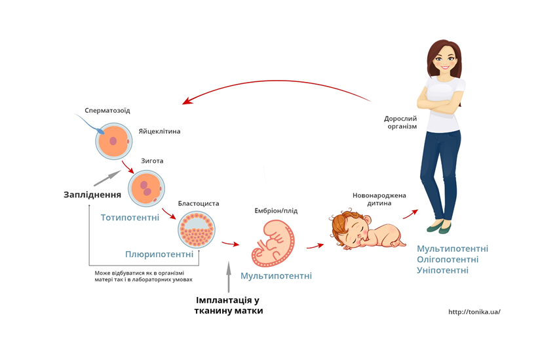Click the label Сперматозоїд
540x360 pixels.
pyautogui.click(x=107, y=110)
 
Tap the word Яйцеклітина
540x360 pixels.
pyautogui.click(x=159, y=131)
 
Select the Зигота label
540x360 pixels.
pyautogui.click(x=152, y=161)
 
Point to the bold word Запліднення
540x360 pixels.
pyautogui.click(x=92, y=194)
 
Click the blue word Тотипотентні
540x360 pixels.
pyautogui.click(x=130, y=217)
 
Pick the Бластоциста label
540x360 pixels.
pyautogui.click(x=198, y=204)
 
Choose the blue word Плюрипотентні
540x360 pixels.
pyautogui.click(x=159, y=254)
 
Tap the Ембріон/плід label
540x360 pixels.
pyautogui.click(x=276, y=210)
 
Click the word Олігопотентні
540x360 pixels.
pyautogui.click(x=452, y=260)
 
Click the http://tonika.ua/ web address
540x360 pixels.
pyautogui.click(x=474, y=312)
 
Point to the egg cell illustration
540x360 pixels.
pyautogui.click(x=115, y=140)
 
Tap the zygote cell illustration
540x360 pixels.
pyautogui.click(x=145, y=188)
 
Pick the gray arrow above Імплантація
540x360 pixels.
pyautogui.click(x=228, y=276)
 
